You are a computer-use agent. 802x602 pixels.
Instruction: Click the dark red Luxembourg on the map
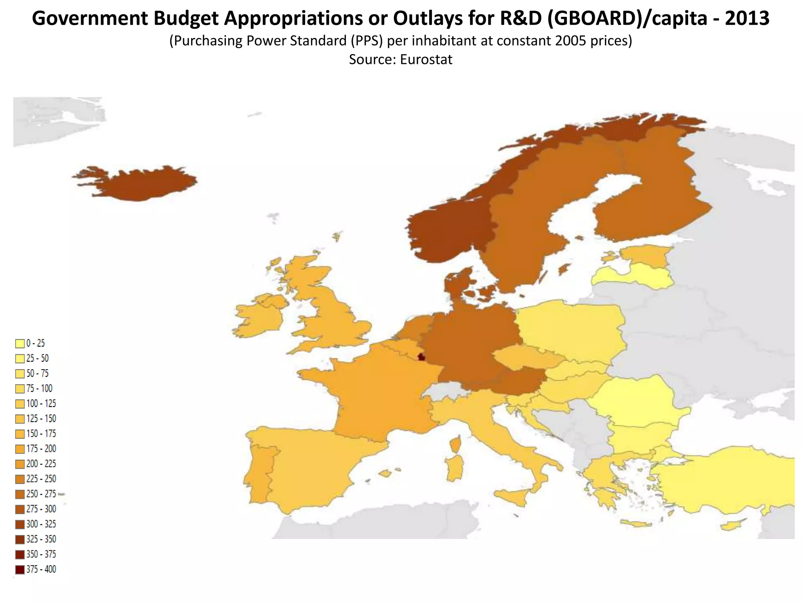click(421, 357)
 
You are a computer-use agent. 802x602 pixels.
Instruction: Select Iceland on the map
click(137, 183)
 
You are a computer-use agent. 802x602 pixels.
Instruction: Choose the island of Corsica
click(455, 445)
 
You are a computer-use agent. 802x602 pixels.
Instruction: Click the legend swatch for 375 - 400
click(20, 569)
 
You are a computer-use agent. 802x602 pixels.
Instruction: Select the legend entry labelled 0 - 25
click(36, 343)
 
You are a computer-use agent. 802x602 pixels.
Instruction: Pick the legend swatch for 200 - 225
click(20, 464)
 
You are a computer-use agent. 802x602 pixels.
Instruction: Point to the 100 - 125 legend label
click(41, 404)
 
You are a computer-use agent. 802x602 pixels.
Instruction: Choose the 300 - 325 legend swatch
click(20, 524)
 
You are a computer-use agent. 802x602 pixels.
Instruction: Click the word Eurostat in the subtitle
click(426, 60)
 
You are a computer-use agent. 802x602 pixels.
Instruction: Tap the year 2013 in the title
click(747, 18)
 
